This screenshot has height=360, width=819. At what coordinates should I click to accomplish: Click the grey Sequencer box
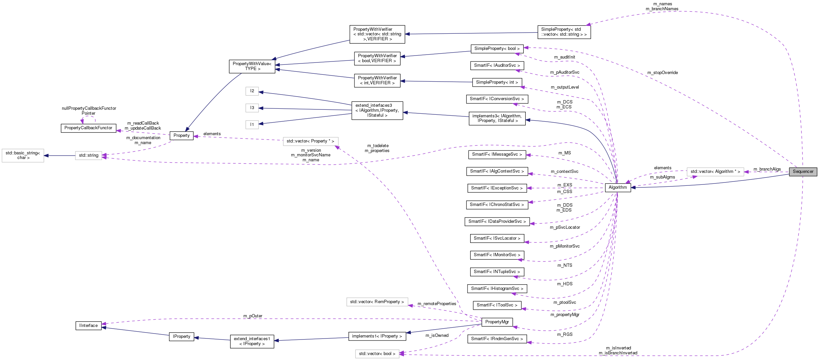(803, 172)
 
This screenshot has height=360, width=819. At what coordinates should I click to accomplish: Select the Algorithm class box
(617, 187)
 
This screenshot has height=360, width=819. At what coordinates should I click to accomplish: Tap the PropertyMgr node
(497, 322)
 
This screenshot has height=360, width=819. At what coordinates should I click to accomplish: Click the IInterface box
(88, 326)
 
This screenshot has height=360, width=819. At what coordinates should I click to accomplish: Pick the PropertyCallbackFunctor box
(88, 128)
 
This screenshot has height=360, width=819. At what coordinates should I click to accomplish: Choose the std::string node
(88, 155)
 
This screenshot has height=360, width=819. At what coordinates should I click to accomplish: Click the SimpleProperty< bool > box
(497, 49)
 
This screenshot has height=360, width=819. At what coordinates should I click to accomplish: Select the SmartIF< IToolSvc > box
(497, 305)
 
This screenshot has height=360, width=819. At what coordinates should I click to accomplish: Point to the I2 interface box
(252, 91)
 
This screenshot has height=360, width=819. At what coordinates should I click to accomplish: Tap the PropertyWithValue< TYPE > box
(252, 66)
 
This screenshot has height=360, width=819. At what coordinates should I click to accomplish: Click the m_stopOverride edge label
(662, 73)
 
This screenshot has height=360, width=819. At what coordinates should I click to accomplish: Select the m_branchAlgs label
(767, 169)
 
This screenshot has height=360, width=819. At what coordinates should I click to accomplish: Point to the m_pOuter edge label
(253, 316)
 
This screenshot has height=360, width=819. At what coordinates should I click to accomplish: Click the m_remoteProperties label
(436, 304)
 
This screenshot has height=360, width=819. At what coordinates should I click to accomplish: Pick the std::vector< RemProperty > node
(377, 302)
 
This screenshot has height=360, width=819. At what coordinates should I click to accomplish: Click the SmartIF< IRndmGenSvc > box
(497, 339)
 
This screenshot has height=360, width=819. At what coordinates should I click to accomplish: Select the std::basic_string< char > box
(23, 155)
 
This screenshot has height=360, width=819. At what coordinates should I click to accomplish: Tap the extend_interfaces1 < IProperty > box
(252, 341)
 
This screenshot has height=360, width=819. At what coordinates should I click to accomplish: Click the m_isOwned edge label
(437, 336)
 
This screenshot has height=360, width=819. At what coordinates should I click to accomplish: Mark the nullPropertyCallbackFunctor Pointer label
(89, 111)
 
